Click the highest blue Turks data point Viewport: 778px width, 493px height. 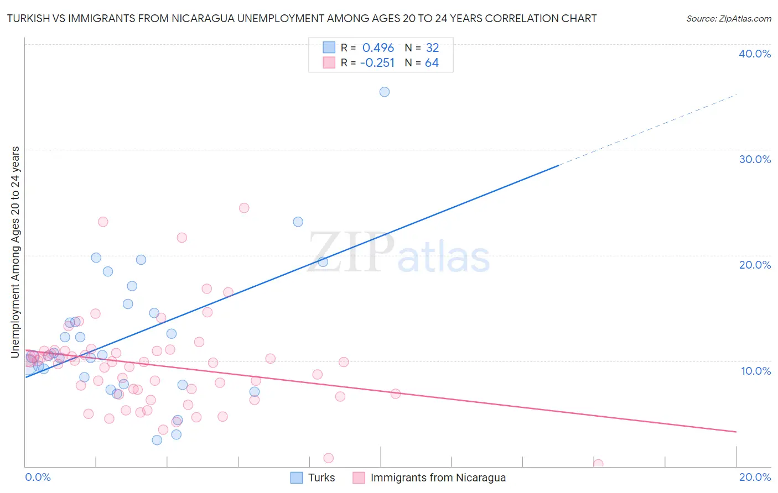point(385,92)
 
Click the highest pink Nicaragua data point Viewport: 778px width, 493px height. point(244,208)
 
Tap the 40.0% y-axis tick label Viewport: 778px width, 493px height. point(755,54)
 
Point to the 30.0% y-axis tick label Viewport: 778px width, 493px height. point(755,159)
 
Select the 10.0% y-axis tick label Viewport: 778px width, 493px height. point(756,371)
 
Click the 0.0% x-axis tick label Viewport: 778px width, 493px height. point(38,477)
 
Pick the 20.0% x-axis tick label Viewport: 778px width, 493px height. point(755,477)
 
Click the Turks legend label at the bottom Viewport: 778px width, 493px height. point(321,478)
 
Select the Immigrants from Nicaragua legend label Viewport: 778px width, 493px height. point(438,478)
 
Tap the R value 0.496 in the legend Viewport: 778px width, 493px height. point(378,48)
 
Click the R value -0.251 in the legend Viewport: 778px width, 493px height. point(377,63)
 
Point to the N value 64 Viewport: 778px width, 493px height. point(432,63)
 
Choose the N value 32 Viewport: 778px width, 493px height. point(432,48)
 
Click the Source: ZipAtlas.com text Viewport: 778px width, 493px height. point(729,19)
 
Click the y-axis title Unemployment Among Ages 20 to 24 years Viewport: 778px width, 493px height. point(15,251)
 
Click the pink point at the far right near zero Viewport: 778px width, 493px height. point(598,464)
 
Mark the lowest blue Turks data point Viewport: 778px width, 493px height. point(157,440)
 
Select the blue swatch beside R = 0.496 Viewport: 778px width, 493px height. point(329,48)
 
